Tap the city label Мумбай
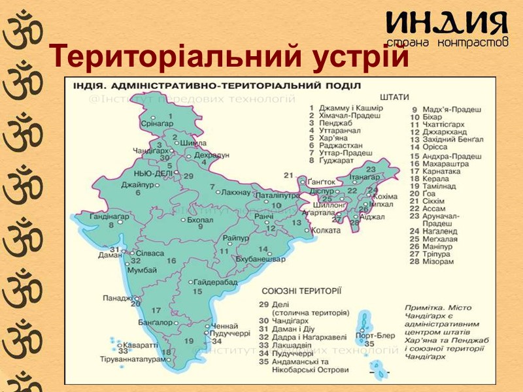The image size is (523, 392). (142, 270)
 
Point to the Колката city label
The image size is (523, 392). (326, 231)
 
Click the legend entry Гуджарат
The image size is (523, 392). (338, 160)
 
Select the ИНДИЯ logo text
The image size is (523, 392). (447, 24)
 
